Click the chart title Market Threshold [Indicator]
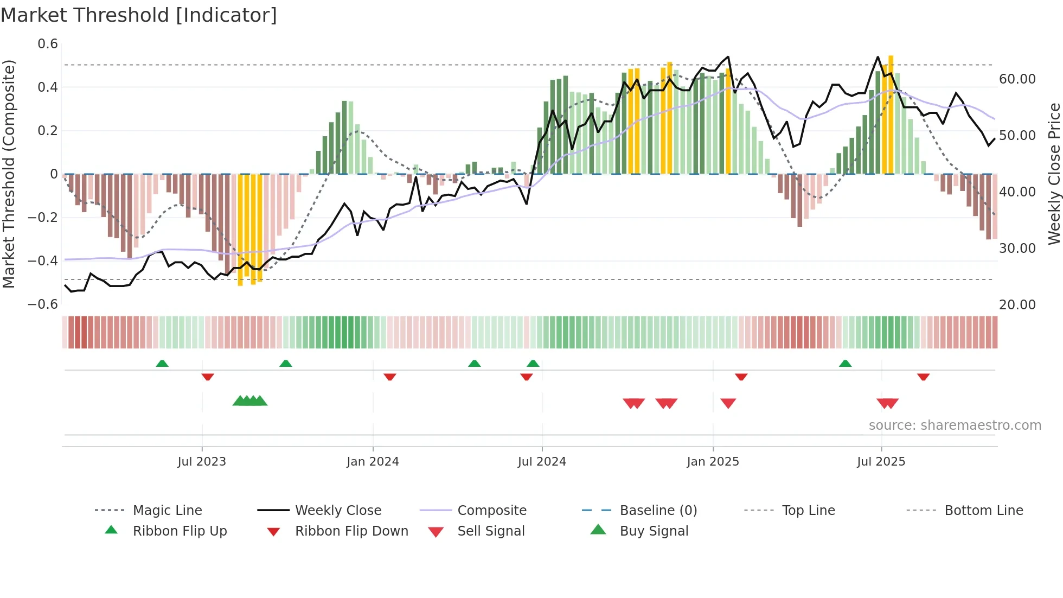coord(139,15)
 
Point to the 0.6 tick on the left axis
coord(48,44)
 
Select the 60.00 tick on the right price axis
coord(1017,79)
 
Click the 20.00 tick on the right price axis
coord(1017,305)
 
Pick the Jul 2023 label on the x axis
coord(202,462)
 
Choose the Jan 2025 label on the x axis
coord(713,462)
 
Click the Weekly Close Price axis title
coord(1054,174)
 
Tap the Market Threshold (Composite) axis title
coord(9,174)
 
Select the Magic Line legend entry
coord(167,511)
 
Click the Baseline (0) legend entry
coord(658,511)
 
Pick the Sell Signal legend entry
coord(491,531)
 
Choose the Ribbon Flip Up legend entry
coord(180,531)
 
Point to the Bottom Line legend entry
coord(983,511)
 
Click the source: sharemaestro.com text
coord(955,425)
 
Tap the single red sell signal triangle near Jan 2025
coord(728,403)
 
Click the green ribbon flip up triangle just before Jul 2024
coord(533,364)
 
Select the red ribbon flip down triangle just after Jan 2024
coord(389,377)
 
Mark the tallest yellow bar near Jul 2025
coord(891,114)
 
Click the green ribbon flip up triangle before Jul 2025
coord(845,364)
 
